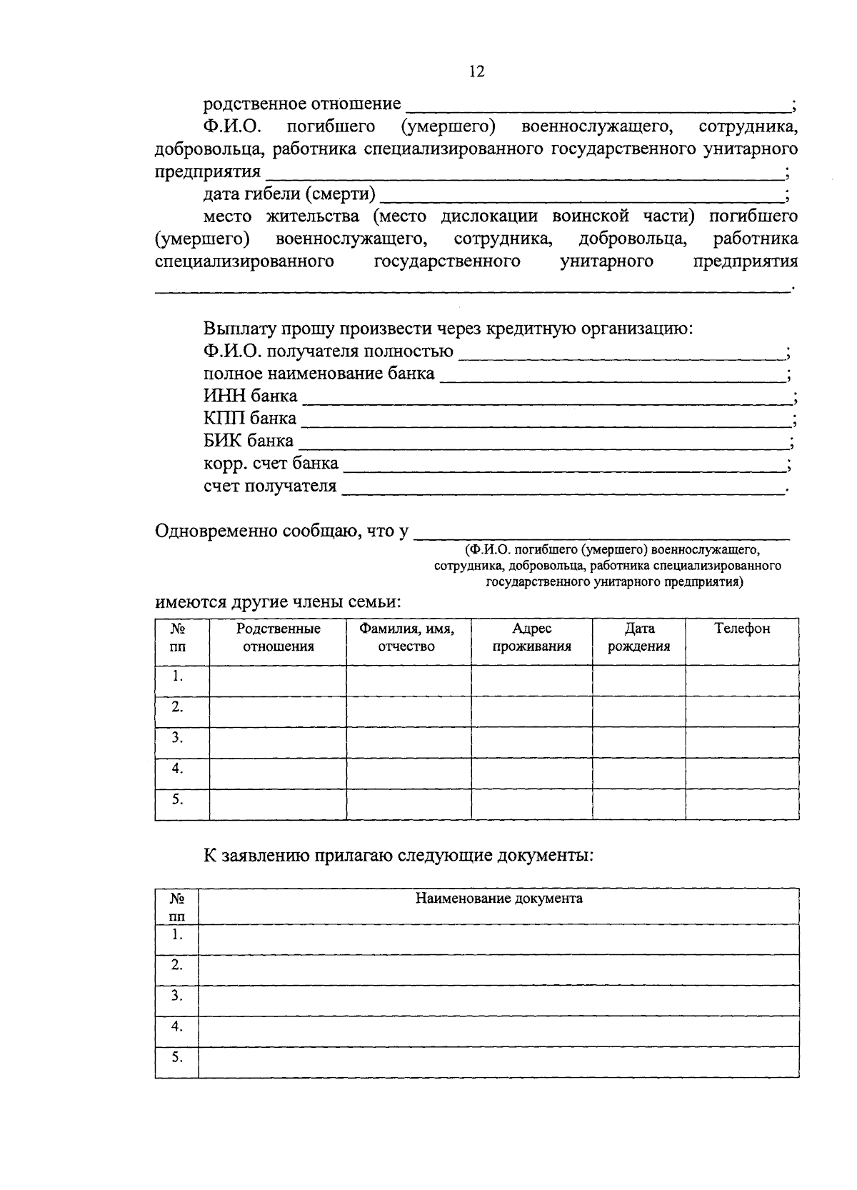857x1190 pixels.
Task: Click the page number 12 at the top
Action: coord(476,71)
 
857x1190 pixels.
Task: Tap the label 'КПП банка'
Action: coord(249,419)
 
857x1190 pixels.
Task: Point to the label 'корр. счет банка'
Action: coord(271,464)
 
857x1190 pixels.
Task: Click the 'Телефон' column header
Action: coord(742,629)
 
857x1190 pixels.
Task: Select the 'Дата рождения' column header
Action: coord(639,637)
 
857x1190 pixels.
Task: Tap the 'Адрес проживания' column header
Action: coord(532,637)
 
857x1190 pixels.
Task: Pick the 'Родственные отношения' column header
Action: coord(279,637)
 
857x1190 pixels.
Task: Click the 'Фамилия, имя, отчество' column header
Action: coord(407,637)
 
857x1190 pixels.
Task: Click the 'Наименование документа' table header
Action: coord(498,899)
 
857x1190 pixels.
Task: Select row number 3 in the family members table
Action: coord(177,738)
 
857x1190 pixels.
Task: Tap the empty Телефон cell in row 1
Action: coord(742,681)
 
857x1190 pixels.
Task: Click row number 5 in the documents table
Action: coord(177,1058)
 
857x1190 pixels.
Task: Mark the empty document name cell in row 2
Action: coord(498,970)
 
